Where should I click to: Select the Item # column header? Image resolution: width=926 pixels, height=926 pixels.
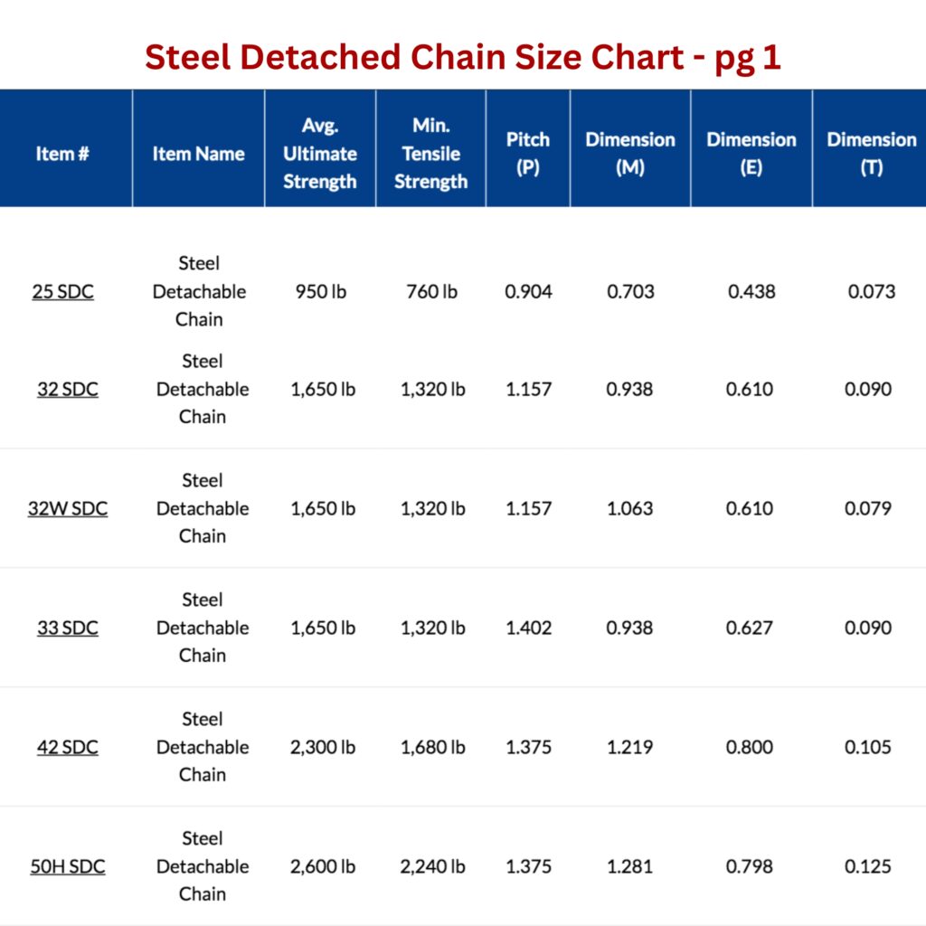tap(62, 154)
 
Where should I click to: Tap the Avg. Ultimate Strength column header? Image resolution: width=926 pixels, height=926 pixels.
tap(319, 153)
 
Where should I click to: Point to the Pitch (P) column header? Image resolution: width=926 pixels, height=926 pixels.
tap(527, 153)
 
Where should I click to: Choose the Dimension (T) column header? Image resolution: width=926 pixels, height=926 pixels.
tap(871, 153)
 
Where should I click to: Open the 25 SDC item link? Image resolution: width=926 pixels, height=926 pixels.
tap(63, 292)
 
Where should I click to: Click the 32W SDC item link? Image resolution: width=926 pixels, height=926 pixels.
tap(68, 508)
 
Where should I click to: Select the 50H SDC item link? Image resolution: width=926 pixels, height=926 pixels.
tap(68, 866)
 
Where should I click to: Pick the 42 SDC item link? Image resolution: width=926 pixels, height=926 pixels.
tap(68, 747)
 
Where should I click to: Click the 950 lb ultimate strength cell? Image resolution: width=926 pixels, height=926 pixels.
tap(319, 292)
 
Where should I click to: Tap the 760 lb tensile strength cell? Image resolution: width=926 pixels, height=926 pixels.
tap(432, 292)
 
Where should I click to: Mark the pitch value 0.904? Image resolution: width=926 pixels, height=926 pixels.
tap(528, 292)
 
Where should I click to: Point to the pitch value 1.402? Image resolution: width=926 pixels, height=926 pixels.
tap(528, 628)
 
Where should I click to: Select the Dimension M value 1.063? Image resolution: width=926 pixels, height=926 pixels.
tap(629, 508)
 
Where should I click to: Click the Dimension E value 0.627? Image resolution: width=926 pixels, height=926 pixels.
tap(750, 628)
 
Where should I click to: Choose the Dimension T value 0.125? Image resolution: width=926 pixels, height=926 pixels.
tap(868, 866)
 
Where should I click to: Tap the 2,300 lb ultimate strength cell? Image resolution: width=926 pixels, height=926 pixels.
tap(323, 747)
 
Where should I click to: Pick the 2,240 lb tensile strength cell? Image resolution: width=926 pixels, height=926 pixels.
tap(433, 866)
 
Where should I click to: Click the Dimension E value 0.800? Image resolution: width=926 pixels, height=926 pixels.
tap(750, 747)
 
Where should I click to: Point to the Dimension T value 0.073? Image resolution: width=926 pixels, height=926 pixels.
tap(872, 292)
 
